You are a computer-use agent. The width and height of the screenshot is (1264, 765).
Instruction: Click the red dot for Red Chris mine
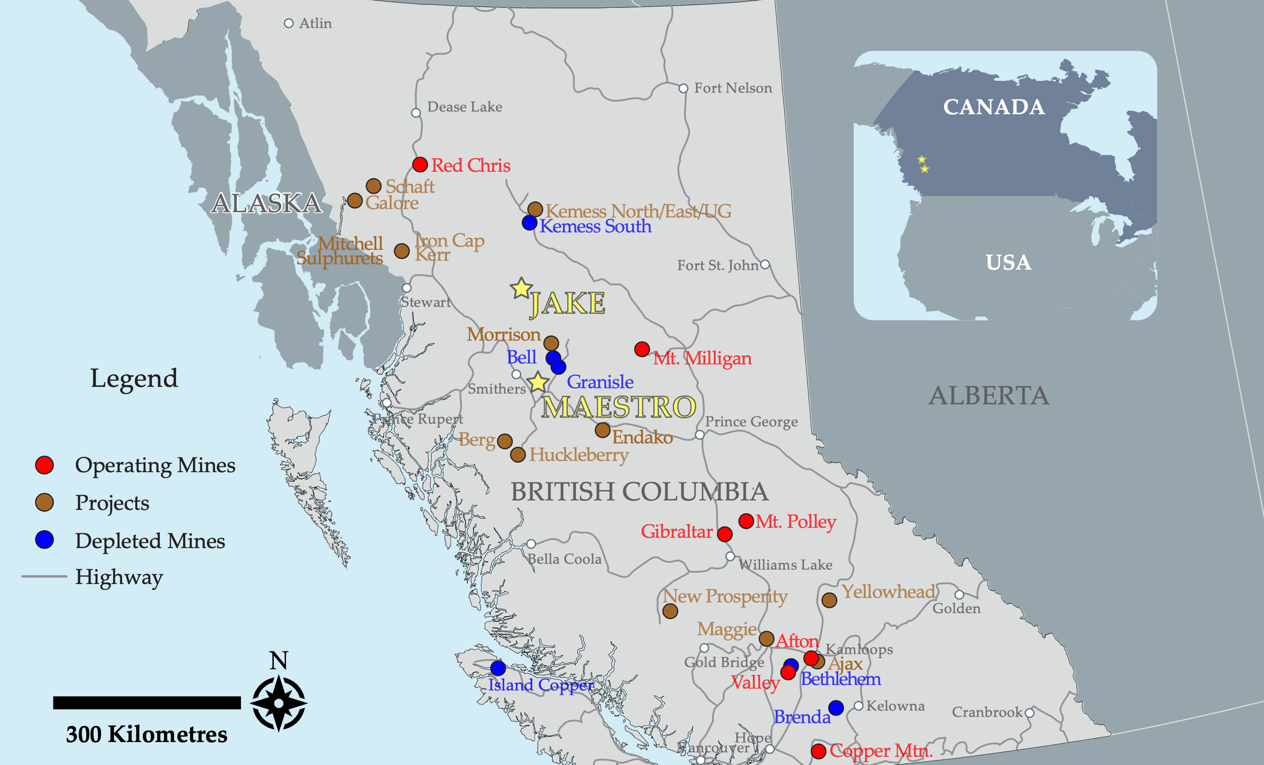420,165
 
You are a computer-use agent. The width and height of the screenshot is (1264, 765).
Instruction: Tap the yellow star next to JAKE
521,289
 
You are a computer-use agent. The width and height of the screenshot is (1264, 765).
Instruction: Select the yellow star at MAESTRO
538,382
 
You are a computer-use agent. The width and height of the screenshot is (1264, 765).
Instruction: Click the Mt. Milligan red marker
642,349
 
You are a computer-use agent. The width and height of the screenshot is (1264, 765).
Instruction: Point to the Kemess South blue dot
529,223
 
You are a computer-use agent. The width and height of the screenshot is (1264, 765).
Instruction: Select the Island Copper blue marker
498,668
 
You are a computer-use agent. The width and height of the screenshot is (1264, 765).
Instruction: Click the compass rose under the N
279,703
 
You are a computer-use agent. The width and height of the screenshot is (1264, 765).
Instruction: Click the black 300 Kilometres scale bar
147,703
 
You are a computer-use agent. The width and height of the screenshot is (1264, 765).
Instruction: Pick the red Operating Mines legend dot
45,465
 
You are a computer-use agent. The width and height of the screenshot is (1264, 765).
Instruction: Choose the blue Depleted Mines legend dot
45,540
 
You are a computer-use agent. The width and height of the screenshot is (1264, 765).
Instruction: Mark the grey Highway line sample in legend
44,576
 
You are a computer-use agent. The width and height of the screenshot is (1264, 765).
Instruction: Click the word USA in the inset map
1008,262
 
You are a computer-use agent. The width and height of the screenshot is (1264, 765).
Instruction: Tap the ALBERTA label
988,396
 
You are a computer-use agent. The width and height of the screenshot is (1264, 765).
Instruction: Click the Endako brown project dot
603,430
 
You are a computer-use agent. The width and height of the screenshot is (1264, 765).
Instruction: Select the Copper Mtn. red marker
819,751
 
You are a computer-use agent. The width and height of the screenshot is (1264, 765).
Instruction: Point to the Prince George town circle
700,435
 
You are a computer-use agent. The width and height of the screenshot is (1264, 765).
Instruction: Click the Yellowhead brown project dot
829,600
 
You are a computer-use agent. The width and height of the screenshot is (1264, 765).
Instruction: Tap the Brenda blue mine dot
836,708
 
